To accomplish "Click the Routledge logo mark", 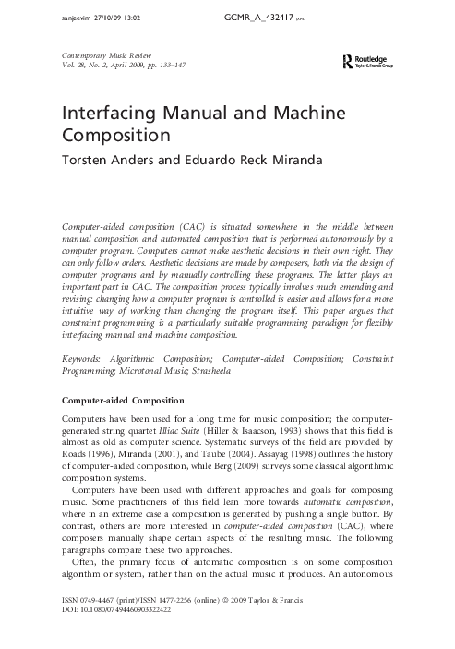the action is tap(347, 62).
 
